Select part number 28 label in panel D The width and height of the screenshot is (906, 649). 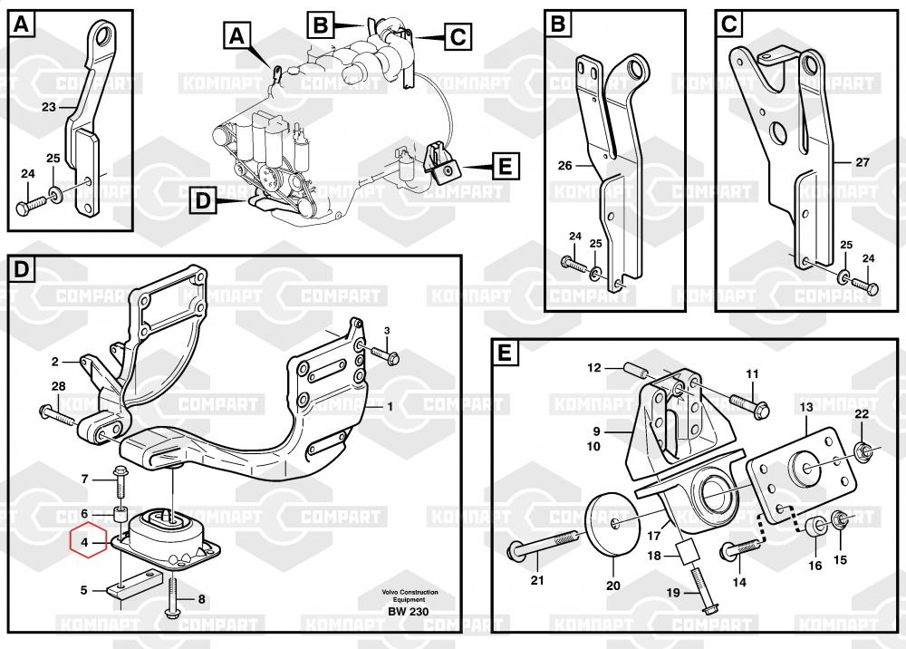click(58, 387)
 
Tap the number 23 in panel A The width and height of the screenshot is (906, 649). click(48, 107)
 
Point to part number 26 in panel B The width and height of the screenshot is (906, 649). click(564, 166)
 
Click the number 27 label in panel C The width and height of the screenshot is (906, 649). click(862, 163)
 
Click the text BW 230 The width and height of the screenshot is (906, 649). click(410, 611)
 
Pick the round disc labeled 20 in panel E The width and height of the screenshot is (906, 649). click(612, 525)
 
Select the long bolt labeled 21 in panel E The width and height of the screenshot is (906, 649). click(543, 547)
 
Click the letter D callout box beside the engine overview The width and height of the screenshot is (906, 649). click(204, 200)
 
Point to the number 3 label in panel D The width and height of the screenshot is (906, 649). click(386, 330)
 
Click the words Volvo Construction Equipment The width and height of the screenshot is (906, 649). click(410, 596)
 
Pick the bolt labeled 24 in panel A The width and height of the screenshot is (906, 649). click(27, 207)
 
